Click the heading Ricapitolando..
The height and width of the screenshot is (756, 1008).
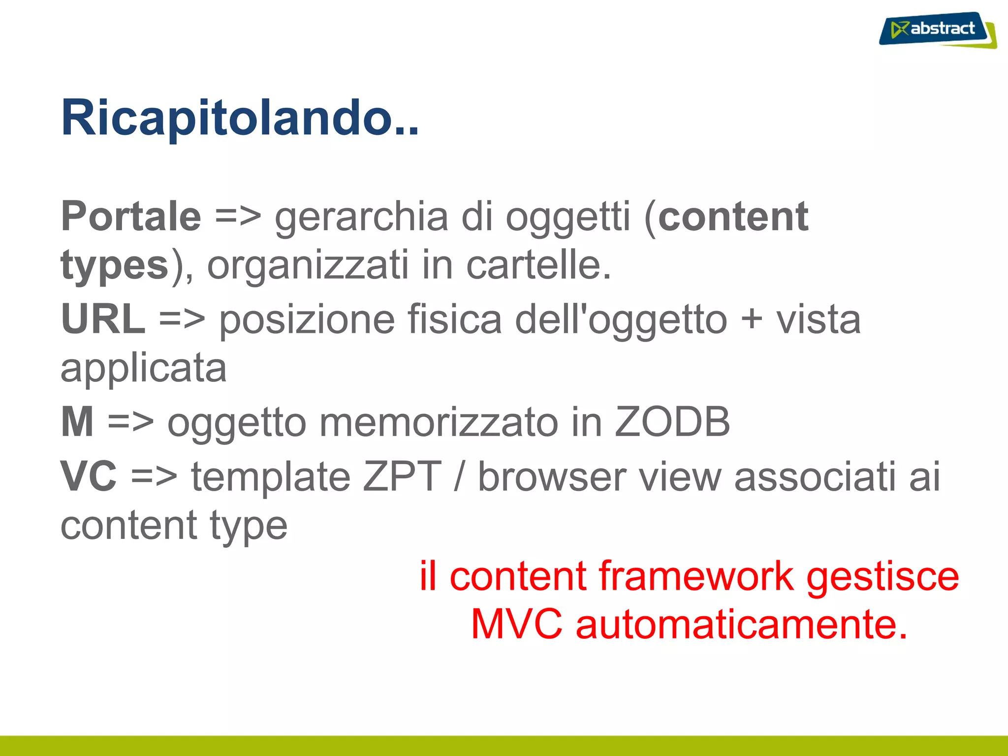(x=239, y=118)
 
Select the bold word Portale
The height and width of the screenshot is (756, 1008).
(x=131, y=217)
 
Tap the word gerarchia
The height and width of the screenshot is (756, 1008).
(x=361, y=218)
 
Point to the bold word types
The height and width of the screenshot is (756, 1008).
(x=115, y=266)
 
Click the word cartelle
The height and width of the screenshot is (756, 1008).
(x=538, y=266)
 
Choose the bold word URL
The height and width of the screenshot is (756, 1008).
(x=103, y=319)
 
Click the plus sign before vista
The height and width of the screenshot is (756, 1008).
(x=752, y=319)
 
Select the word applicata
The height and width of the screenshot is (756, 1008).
(x=143, y=369)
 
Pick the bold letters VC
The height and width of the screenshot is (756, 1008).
(x=89, y=476)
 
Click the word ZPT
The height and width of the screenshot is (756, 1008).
(x=402, y=476)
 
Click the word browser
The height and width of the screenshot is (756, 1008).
(x=552, y=476)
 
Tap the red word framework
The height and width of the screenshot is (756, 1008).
(x=696, y=576)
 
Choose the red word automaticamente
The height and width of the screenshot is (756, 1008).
(x=741, y=625)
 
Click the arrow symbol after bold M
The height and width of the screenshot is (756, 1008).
(x=130, y=422)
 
